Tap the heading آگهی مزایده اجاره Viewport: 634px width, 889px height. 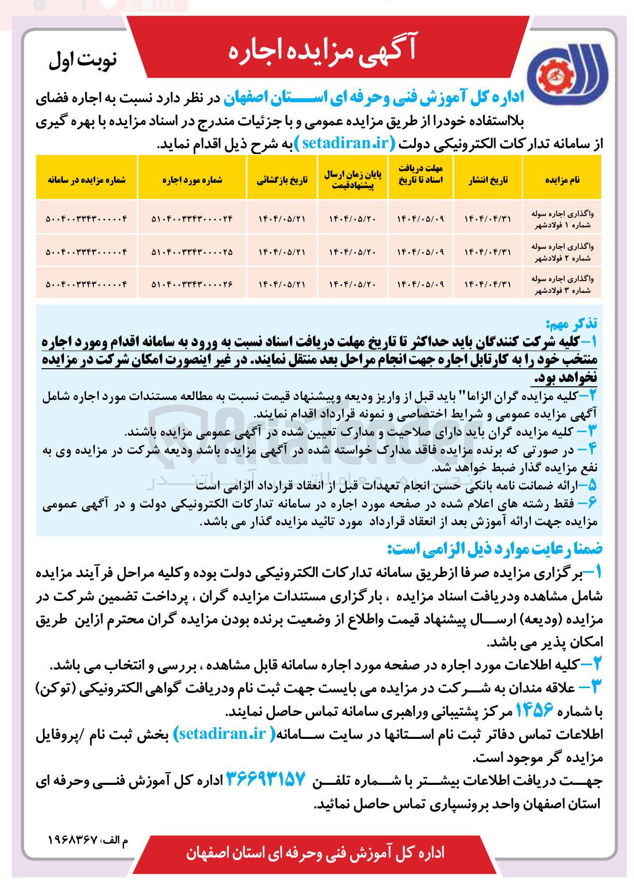322,49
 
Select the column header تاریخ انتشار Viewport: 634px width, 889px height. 488,180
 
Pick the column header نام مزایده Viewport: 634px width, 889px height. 562,180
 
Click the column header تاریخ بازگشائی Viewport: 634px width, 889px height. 282,180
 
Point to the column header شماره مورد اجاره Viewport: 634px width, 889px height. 192,180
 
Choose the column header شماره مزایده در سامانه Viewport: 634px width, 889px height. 87,180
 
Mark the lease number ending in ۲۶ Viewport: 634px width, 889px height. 192,284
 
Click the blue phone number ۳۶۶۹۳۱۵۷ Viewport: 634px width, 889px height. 265,779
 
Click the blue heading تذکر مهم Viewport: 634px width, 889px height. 571,323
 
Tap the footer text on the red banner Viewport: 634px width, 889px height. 315,853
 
